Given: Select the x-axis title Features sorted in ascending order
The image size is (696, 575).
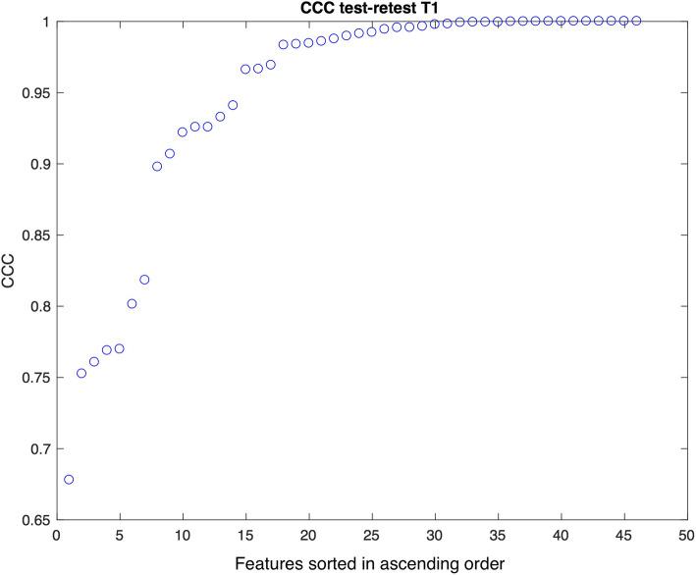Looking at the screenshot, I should (x=371, y=564).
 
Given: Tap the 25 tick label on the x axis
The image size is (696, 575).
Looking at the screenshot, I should (x=372, y=538).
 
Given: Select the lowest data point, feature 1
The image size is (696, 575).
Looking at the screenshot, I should (x=69, y=480).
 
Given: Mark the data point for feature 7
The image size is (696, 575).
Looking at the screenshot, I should (x=144, y=280).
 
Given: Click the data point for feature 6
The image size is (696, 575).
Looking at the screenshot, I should (x=132, y=304).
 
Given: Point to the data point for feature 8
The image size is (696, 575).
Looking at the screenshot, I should (x=157, y=167).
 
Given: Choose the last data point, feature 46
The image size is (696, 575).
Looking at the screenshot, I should (x=636, y=21).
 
